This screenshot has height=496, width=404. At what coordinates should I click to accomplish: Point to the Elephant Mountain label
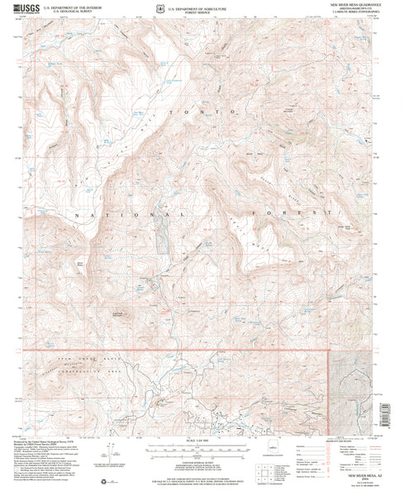click(x=121, y=313)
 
